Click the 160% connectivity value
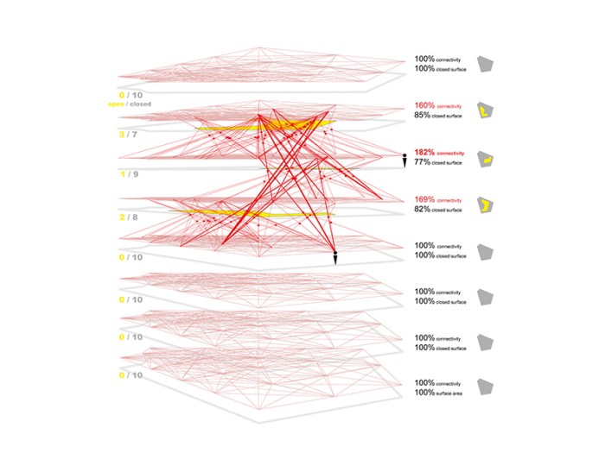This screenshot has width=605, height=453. pyautogui.click(x=423, y=105)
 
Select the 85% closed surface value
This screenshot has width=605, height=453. pyautogui.click(x=422, y=115)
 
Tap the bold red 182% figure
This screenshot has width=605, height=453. pyautogui.click(x=423, y=152)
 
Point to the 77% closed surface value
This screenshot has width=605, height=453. pyautogui.click(x=422, y=161)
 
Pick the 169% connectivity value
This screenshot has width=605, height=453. pyautogui.click(x=423, y=199)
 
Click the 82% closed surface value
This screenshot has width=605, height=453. pyautogui.click(x=422, y=209)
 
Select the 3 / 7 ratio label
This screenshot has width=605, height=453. pyautogui.click(x=127, y=135)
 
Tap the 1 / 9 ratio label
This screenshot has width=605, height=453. pyautogui.click(x=127, y=173)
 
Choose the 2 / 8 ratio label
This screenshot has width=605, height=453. pyautogui.click(x=127, y=218)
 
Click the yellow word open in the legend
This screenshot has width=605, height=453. pyautogui.click(x=116, y=104)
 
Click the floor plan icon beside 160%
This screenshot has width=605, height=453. pyautogui.click(x=488, y=110)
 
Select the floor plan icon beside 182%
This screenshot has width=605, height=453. pyautogui.click(x=488, y=158)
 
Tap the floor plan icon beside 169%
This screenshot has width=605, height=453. pyautogui.click(x=488, y=204)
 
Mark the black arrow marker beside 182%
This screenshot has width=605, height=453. pyautogui.click(x=403, y=161)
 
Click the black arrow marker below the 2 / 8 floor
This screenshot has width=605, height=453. pyautogui.click(x=334, y=257)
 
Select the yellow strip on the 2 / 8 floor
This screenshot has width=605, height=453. pyautogui.click(x=251, y=212)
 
